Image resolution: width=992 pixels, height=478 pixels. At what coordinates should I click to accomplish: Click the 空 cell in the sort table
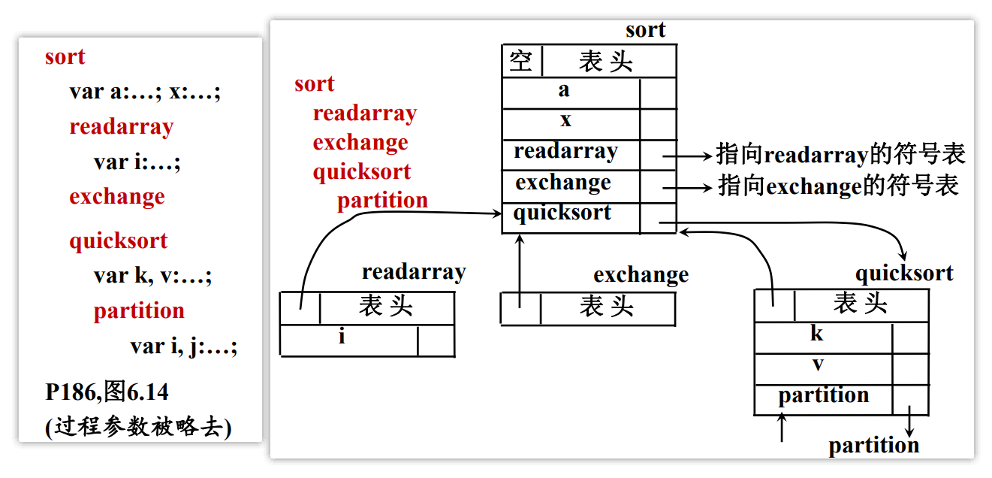coord(521,61)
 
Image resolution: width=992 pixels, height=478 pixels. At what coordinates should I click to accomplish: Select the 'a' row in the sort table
coord(564,91)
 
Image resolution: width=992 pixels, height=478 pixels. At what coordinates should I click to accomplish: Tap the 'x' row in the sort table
coord(565,120)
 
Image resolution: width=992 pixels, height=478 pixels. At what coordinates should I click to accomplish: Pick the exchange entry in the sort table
coord(563,183)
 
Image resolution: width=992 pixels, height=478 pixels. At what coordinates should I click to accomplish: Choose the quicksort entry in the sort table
coord(562,213)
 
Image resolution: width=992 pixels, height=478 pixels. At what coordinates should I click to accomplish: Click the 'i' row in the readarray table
coord(342,337)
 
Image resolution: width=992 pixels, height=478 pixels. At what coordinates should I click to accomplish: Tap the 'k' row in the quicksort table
coord(817,334)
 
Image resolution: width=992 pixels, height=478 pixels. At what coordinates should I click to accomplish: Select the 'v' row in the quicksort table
coord(818,365)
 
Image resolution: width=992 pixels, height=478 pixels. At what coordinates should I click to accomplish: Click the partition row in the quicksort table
coord(823,395)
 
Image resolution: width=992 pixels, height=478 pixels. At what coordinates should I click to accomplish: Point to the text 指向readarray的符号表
coord(840,155)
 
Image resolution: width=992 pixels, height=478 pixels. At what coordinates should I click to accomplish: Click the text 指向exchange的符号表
coord(839,186)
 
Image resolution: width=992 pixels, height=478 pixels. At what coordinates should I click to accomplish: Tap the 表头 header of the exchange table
coord(607,307)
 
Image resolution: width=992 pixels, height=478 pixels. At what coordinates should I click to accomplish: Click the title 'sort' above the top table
coord(645,30)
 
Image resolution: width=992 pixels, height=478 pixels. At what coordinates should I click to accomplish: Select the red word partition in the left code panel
coord(139,311)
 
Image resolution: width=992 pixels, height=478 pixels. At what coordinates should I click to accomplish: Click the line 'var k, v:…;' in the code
coord(152,276)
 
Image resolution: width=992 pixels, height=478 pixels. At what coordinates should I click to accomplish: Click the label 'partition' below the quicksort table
coord(873,446)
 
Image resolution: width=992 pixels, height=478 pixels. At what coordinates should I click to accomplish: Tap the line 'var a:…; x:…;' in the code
coord(144,92)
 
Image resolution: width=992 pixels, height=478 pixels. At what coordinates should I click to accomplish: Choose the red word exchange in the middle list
coord(360,142)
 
